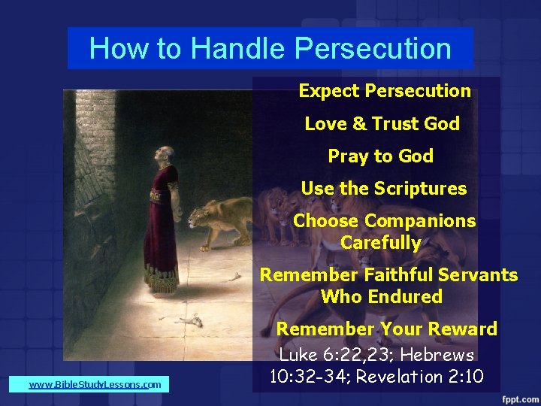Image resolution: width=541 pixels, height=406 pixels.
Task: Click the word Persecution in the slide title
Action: pyautogui.click(x=373, y=49)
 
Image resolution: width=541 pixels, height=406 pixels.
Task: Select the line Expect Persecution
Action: pyautogui.click(x=384, y=91)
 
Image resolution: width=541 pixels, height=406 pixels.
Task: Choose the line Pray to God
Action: pyautogui.click(x=380, y=156)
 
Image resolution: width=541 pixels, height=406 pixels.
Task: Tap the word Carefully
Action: pyautogui.click(x=380, y=243)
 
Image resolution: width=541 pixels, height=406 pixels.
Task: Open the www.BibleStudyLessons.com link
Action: pyautogui.click(x=95, y=385)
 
